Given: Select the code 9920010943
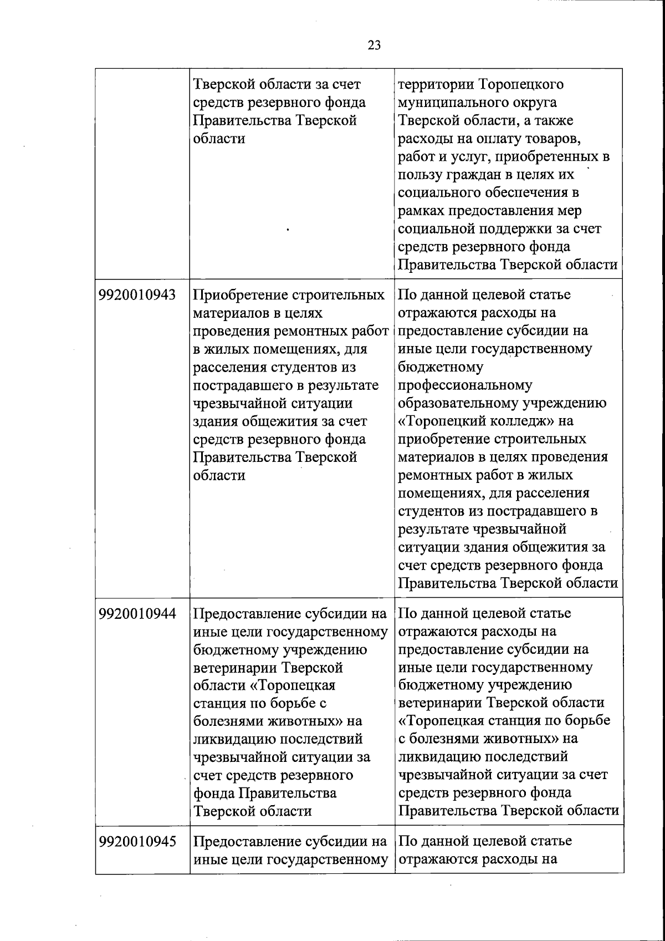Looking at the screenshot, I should pos(137,295).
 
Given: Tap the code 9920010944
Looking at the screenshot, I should pos(137,614).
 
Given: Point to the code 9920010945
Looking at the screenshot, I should pos(137,841).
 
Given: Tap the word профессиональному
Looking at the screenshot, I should pos(465,385).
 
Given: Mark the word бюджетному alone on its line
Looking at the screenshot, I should pos(441,367).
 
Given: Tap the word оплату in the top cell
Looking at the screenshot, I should pos(499,139).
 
